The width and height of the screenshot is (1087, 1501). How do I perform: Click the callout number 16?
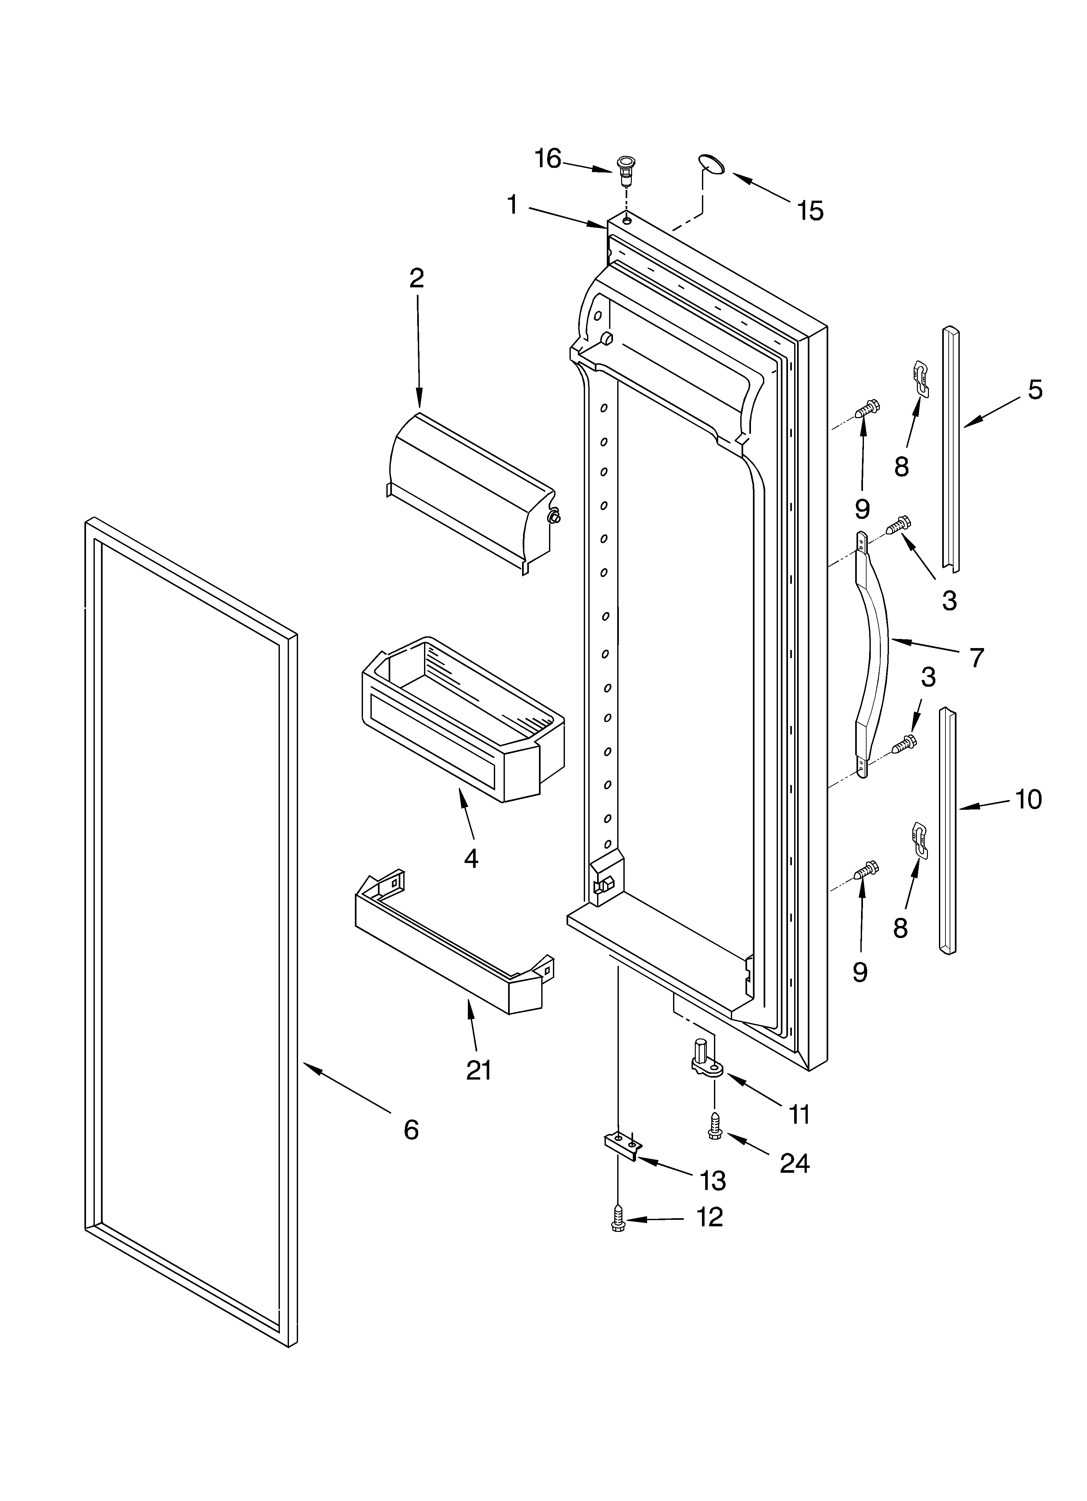point(548,159)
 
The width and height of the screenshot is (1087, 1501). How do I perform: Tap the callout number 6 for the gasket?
point(411,1130)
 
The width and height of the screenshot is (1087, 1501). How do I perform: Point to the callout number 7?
point(976,658)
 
